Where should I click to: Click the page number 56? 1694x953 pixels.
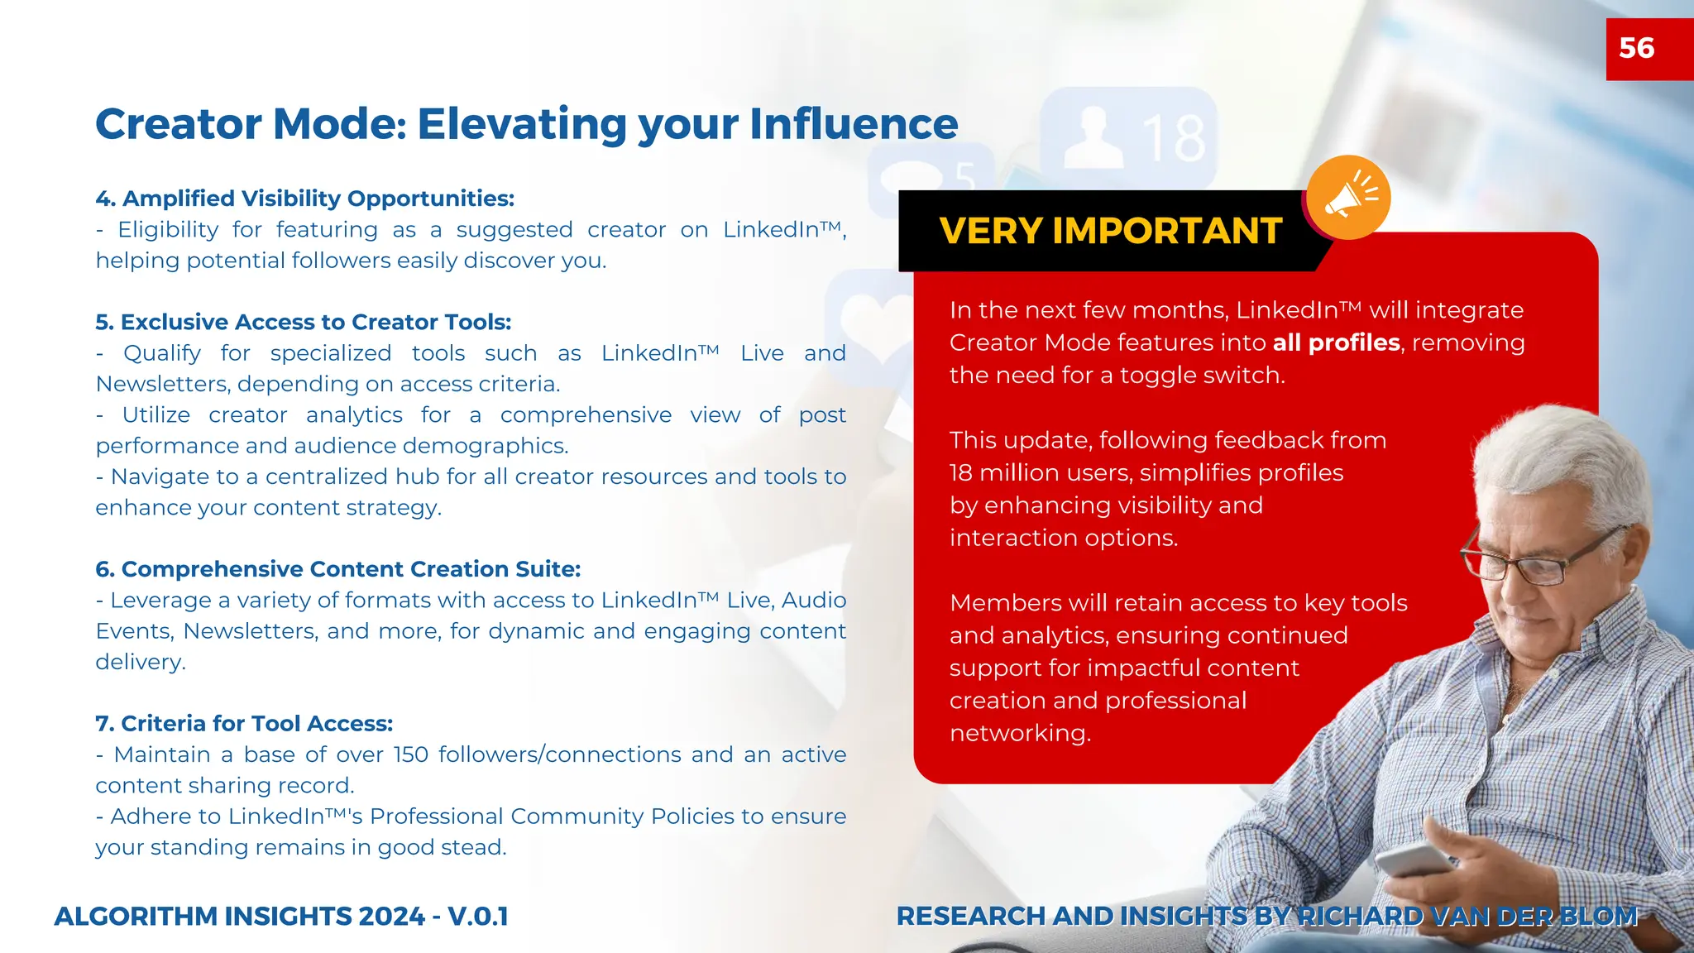coord(1636,48)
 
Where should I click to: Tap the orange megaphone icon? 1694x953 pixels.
coord(1348,198)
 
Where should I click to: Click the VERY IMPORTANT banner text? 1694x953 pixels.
coord(1110,231)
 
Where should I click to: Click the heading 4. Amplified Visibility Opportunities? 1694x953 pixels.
coord(304,199)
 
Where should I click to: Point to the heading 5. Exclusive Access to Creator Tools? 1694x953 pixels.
coord(303,322)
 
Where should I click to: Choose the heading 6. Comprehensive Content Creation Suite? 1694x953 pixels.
coord(337,569)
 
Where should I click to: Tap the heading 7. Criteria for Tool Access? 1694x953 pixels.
coord(244,724)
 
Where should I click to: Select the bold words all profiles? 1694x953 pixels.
coord(1336,342)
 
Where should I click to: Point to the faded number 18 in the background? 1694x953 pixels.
coord(1175,138)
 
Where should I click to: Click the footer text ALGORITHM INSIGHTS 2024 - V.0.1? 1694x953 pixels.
coord(281,917)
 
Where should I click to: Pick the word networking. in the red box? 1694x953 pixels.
coord(1020,734)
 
